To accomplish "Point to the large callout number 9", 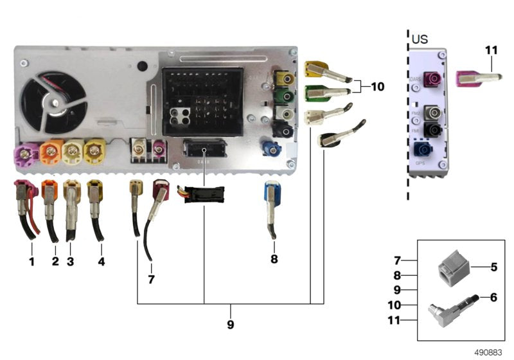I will click(230, 325).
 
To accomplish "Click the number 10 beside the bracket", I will click(378, 85).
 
